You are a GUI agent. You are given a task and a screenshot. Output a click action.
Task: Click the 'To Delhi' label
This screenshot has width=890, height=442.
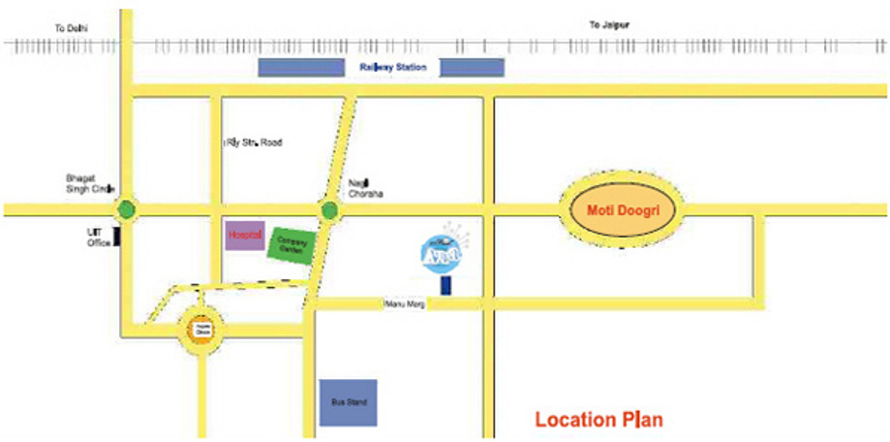coord(71,26)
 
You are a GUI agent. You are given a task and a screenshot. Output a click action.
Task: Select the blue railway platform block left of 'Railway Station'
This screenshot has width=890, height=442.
coord(301,67)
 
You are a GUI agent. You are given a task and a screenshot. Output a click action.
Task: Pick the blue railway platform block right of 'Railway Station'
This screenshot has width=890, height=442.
coord(472,67)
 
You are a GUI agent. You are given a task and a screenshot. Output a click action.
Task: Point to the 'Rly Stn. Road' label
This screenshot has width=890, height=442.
coord(253,142)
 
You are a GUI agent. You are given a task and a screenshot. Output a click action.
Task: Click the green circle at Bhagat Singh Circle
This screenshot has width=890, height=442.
coord(125,208)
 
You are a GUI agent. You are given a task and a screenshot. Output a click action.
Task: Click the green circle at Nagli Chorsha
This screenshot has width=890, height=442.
coord(329,208)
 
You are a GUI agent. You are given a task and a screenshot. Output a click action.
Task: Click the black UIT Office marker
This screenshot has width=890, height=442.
coord(117,236)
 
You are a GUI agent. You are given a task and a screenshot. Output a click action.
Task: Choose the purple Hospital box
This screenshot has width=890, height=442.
coord(245,235)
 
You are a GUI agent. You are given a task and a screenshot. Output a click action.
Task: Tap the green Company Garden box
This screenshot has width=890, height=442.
coord(291,243)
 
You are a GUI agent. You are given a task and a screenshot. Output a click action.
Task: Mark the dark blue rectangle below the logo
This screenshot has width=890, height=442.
coord(445,286)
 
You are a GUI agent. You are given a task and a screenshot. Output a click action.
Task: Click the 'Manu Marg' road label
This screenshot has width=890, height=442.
coord(404,304)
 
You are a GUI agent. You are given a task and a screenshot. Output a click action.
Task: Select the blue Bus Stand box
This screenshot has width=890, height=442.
coord(348,400)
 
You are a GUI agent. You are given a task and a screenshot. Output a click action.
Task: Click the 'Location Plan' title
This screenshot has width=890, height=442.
coord(598,420)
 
